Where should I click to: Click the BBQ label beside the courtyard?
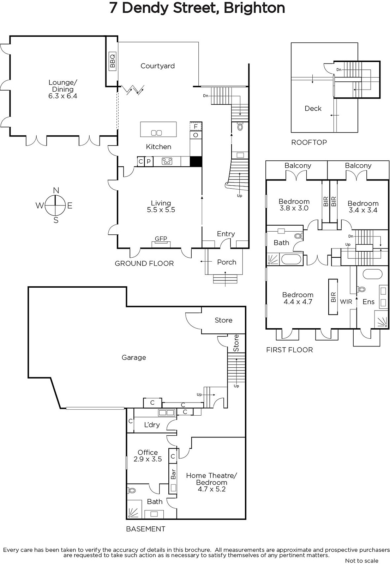tap(113, 61)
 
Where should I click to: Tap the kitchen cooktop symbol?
tap(167, 161)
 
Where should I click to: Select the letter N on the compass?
tap(56, 190)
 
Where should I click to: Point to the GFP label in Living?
tap(161, 238)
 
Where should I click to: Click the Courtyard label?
tap(157, 66)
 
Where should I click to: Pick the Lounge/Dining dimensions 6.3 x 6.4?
tap(63, 96)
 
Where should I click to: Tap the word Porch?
tap(227, 262)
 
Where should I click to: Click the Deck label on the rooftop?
tap(313, 109)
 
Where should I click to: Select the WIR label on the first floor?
tap(346, 302)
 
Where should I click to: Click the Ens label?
tap(368, 302)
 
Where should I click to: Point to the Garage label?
tap(134, 357)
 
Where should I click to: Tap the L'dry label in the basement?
tap(152, 425)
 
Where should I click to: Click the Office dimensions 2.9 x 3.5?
tap(148, 459)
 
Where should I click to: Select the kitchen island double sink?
tap(156, 133)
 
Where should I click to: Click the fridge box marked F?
tap(196, 127)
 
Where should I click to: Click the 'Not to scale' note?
tap(361, 560)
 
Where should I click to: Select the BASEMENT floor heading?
tap(145, 529)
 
